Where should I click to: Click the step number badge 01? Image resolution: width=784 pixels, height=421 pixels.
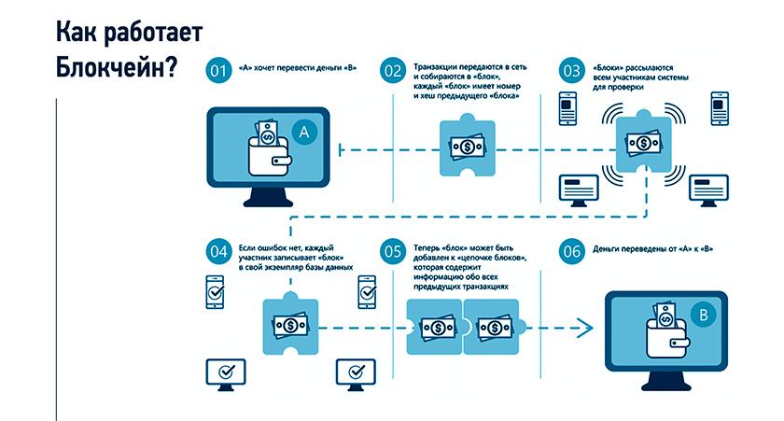pyautogui.click(x=217, y=71)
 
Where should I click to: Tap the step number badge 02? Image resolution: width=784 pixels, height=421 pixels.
pyautogui.click(x=392, y=71)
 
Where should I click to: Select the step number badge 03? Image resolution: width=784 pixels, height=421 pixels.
pyautogui.click(x=570, y=71)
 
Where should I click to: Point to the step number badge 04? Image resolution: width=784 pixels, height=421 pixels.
pyautogui.click(x=217, y=251)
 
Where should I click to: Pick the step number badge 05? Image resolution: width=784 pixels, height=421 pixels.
pyautogui.click(x=392, y=251)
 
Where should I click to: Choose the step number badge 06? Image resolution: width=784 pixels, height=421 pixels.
pyautogui.click(x=570, y=251)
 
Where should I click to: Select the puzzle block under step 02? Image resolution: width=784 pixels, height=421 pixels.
pyautogui.click(x=464, y=147)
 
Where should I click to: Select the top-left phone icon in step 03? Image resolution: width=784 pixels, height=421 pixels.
pyautogui.click(x=567, y=108)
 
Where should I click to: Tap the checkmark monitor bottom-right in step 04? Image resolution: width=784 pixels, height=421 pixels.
pyautogui.click(x=354, y=372)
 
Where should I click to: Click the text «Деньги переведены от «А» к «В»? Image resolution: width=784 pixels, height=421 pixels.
pyautogui.click(x=660, y=251)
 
